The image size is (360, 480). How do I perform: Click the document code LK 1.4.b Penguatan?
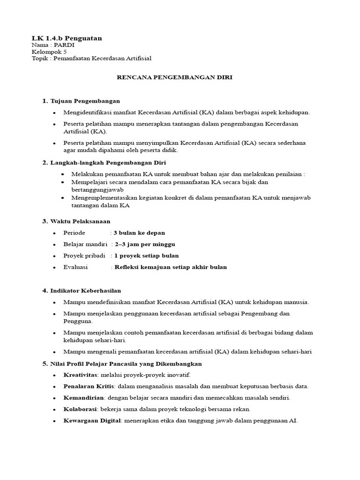[x=67, y=37]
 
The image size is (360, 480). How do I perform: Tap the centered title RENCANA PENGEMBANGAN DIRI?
[x=174, y=78]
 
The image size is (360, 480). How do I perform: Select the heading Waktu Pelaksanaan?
[x=80, y=221]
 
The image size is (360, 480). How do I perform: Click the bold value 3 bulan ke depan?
[x=139, y=232]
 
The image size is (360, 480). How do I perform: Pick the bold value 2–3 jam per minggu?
[x=146, y=244]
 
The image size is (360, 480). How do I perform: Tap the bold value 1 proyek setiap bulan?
[x=146, y=255]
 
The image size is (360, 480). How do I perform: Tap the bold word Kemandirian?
[x=82, y=398]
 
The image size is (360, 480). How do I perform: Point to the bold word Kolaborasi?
[x=81, y=409]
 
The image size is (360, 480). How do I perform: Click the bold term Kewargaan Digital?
[x=92, y=420]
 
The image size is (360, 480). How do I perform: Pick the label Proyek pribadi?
[x=81, y=255]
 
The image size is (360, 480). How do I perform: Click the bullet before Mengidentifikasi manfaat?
[x=54, y=112]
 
